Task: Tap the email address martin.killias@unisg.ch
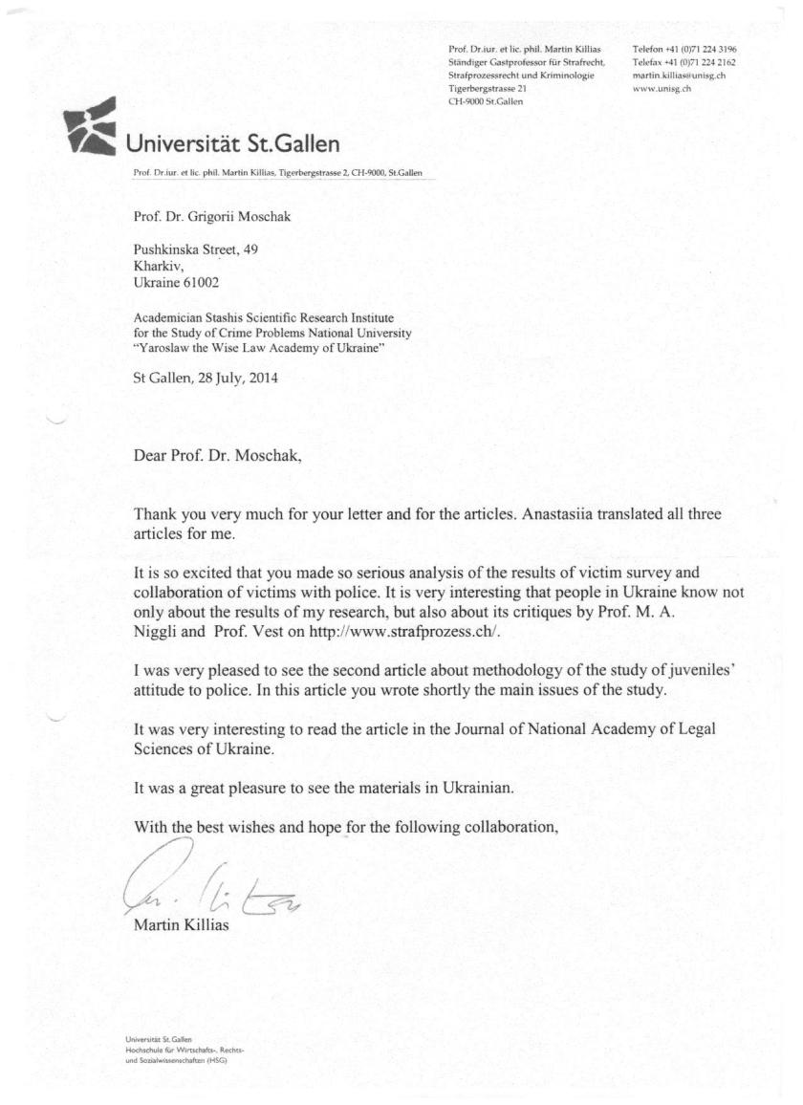point(679,75)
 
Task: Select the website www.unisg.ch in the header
point(662,87)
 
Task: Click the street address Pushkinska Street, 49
point(196,249)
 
